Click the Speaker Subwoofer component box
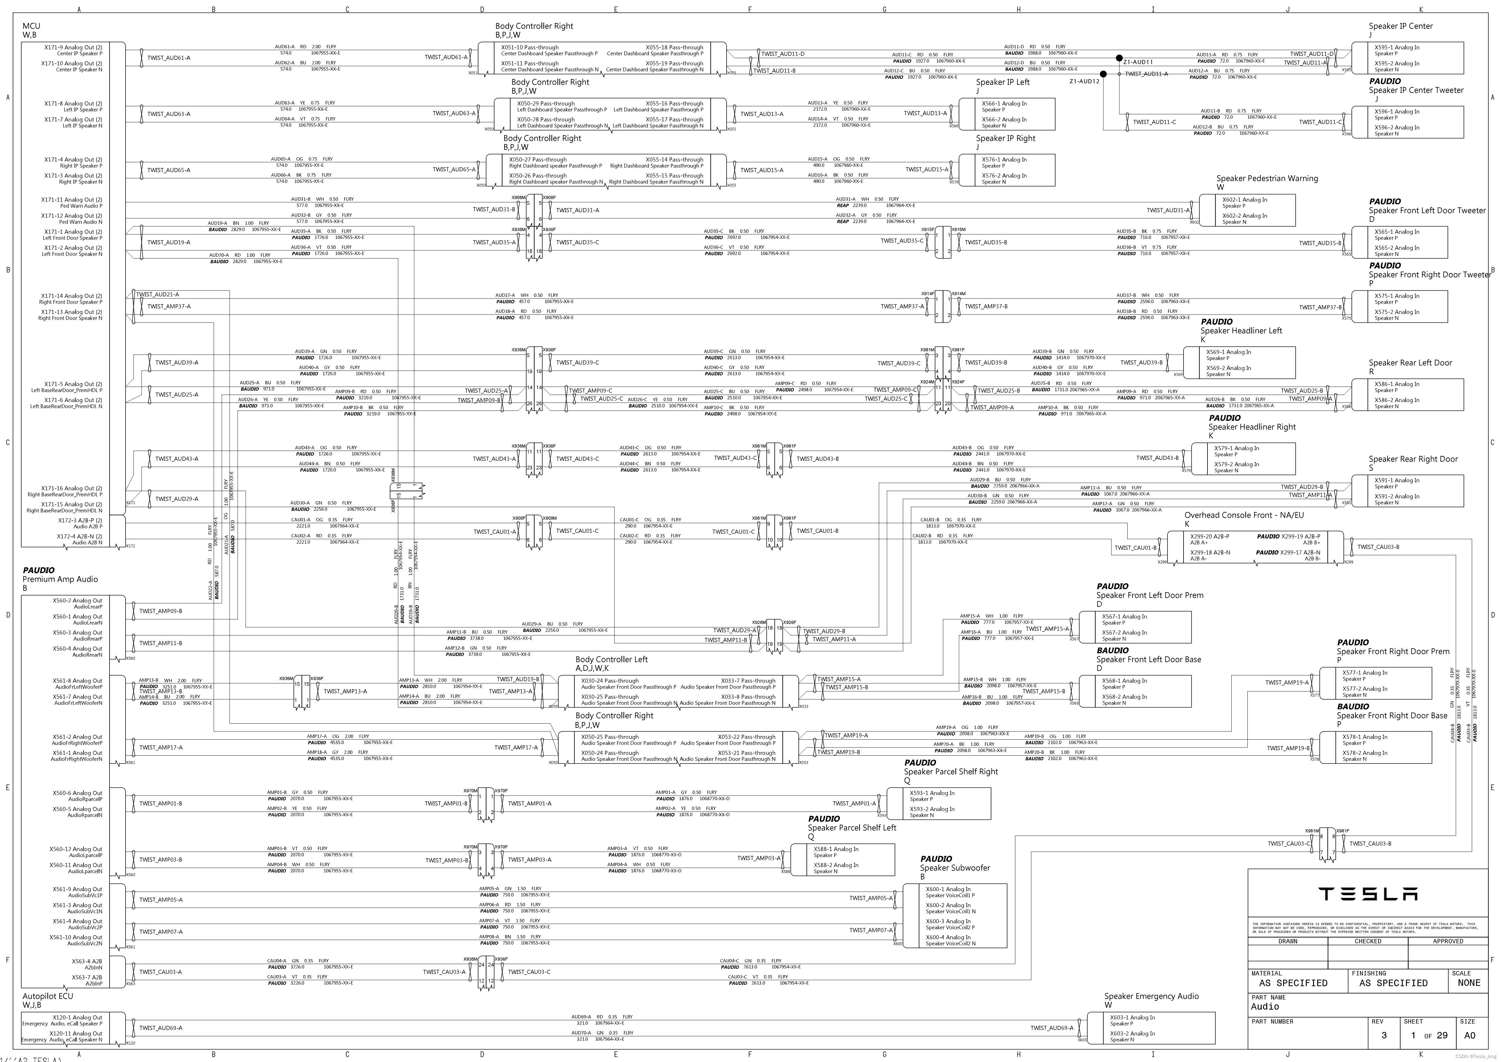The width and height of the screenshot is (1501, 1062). click(x=954, y=915)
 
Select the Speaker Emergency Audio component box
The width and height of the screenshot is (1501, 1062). click(x=1151, y=1028)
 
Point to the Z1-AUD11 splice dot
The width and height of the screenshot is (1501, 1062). click(x=1119, y=58)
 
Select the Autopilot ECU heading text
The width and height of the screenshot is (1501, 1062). click(x=48, y=996)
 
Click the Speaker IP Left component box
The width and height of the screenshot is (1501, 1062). click(x=1007, y=114)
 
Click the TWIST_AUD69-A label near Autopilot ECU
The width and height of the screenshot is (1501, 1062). click(x=161, y=1028)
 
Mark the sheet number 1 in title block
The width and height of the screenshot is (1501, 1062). click(x=1413, y=1035)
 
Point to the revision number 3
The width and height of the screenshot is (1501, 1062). click(x=1383, y=1035)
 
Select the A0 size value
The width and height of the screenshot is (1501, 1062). click(x=1470, y=1035)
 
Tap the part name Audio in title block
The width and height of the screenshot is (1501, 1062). click(x=1265, y=1006)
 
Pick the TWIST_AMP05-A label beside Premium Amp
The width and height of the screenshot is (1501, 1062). click(x=161, y=900)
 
